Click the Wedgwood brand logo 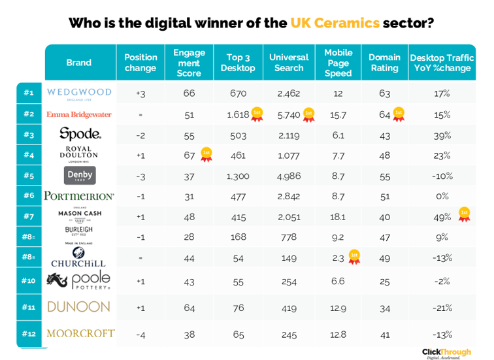point(79,93)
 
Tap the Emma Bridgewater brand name point(79,114)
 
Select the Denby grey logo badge point(80,175)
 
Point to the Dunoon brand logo point(78,306)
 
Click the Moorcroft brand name point(80,334)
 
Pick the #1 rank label point(29,93)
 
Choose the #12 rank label point(29,334)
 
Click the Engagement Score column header point(189,63)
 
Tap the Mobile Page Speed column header point(338,63)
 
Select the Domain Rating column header point(384,63)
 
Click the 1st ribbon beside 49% point(465,214)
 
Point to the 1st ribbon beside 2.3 point(354,257)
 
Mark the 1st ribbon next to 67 point(206,155)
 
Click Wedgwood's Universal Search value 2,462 point(288,93)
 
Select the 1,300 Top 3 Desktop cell point(238,176)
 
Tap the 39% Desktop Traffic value point(442,135)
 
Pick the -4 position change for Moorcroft point(140,335)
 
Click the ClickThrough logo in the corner point(447,353)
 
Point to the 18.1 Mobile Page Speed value point(338,216)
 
